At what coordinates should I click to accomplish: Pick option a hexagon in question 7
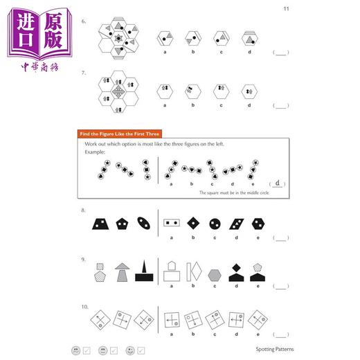pos(165,90)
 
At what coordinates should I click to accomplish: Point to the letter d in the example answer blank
pos(277,183)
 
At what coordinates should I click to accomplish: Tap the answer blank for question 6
pos(280,53)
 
